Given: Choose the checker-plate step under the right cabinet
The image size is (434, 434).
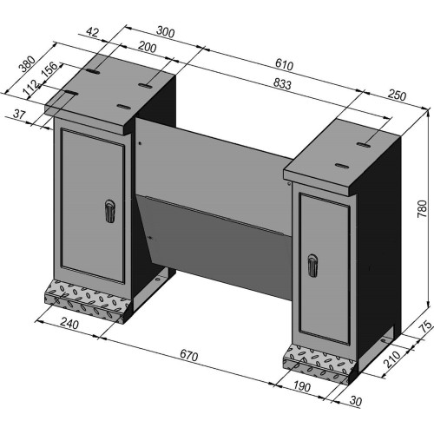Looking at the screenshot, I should click(316, 363).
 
